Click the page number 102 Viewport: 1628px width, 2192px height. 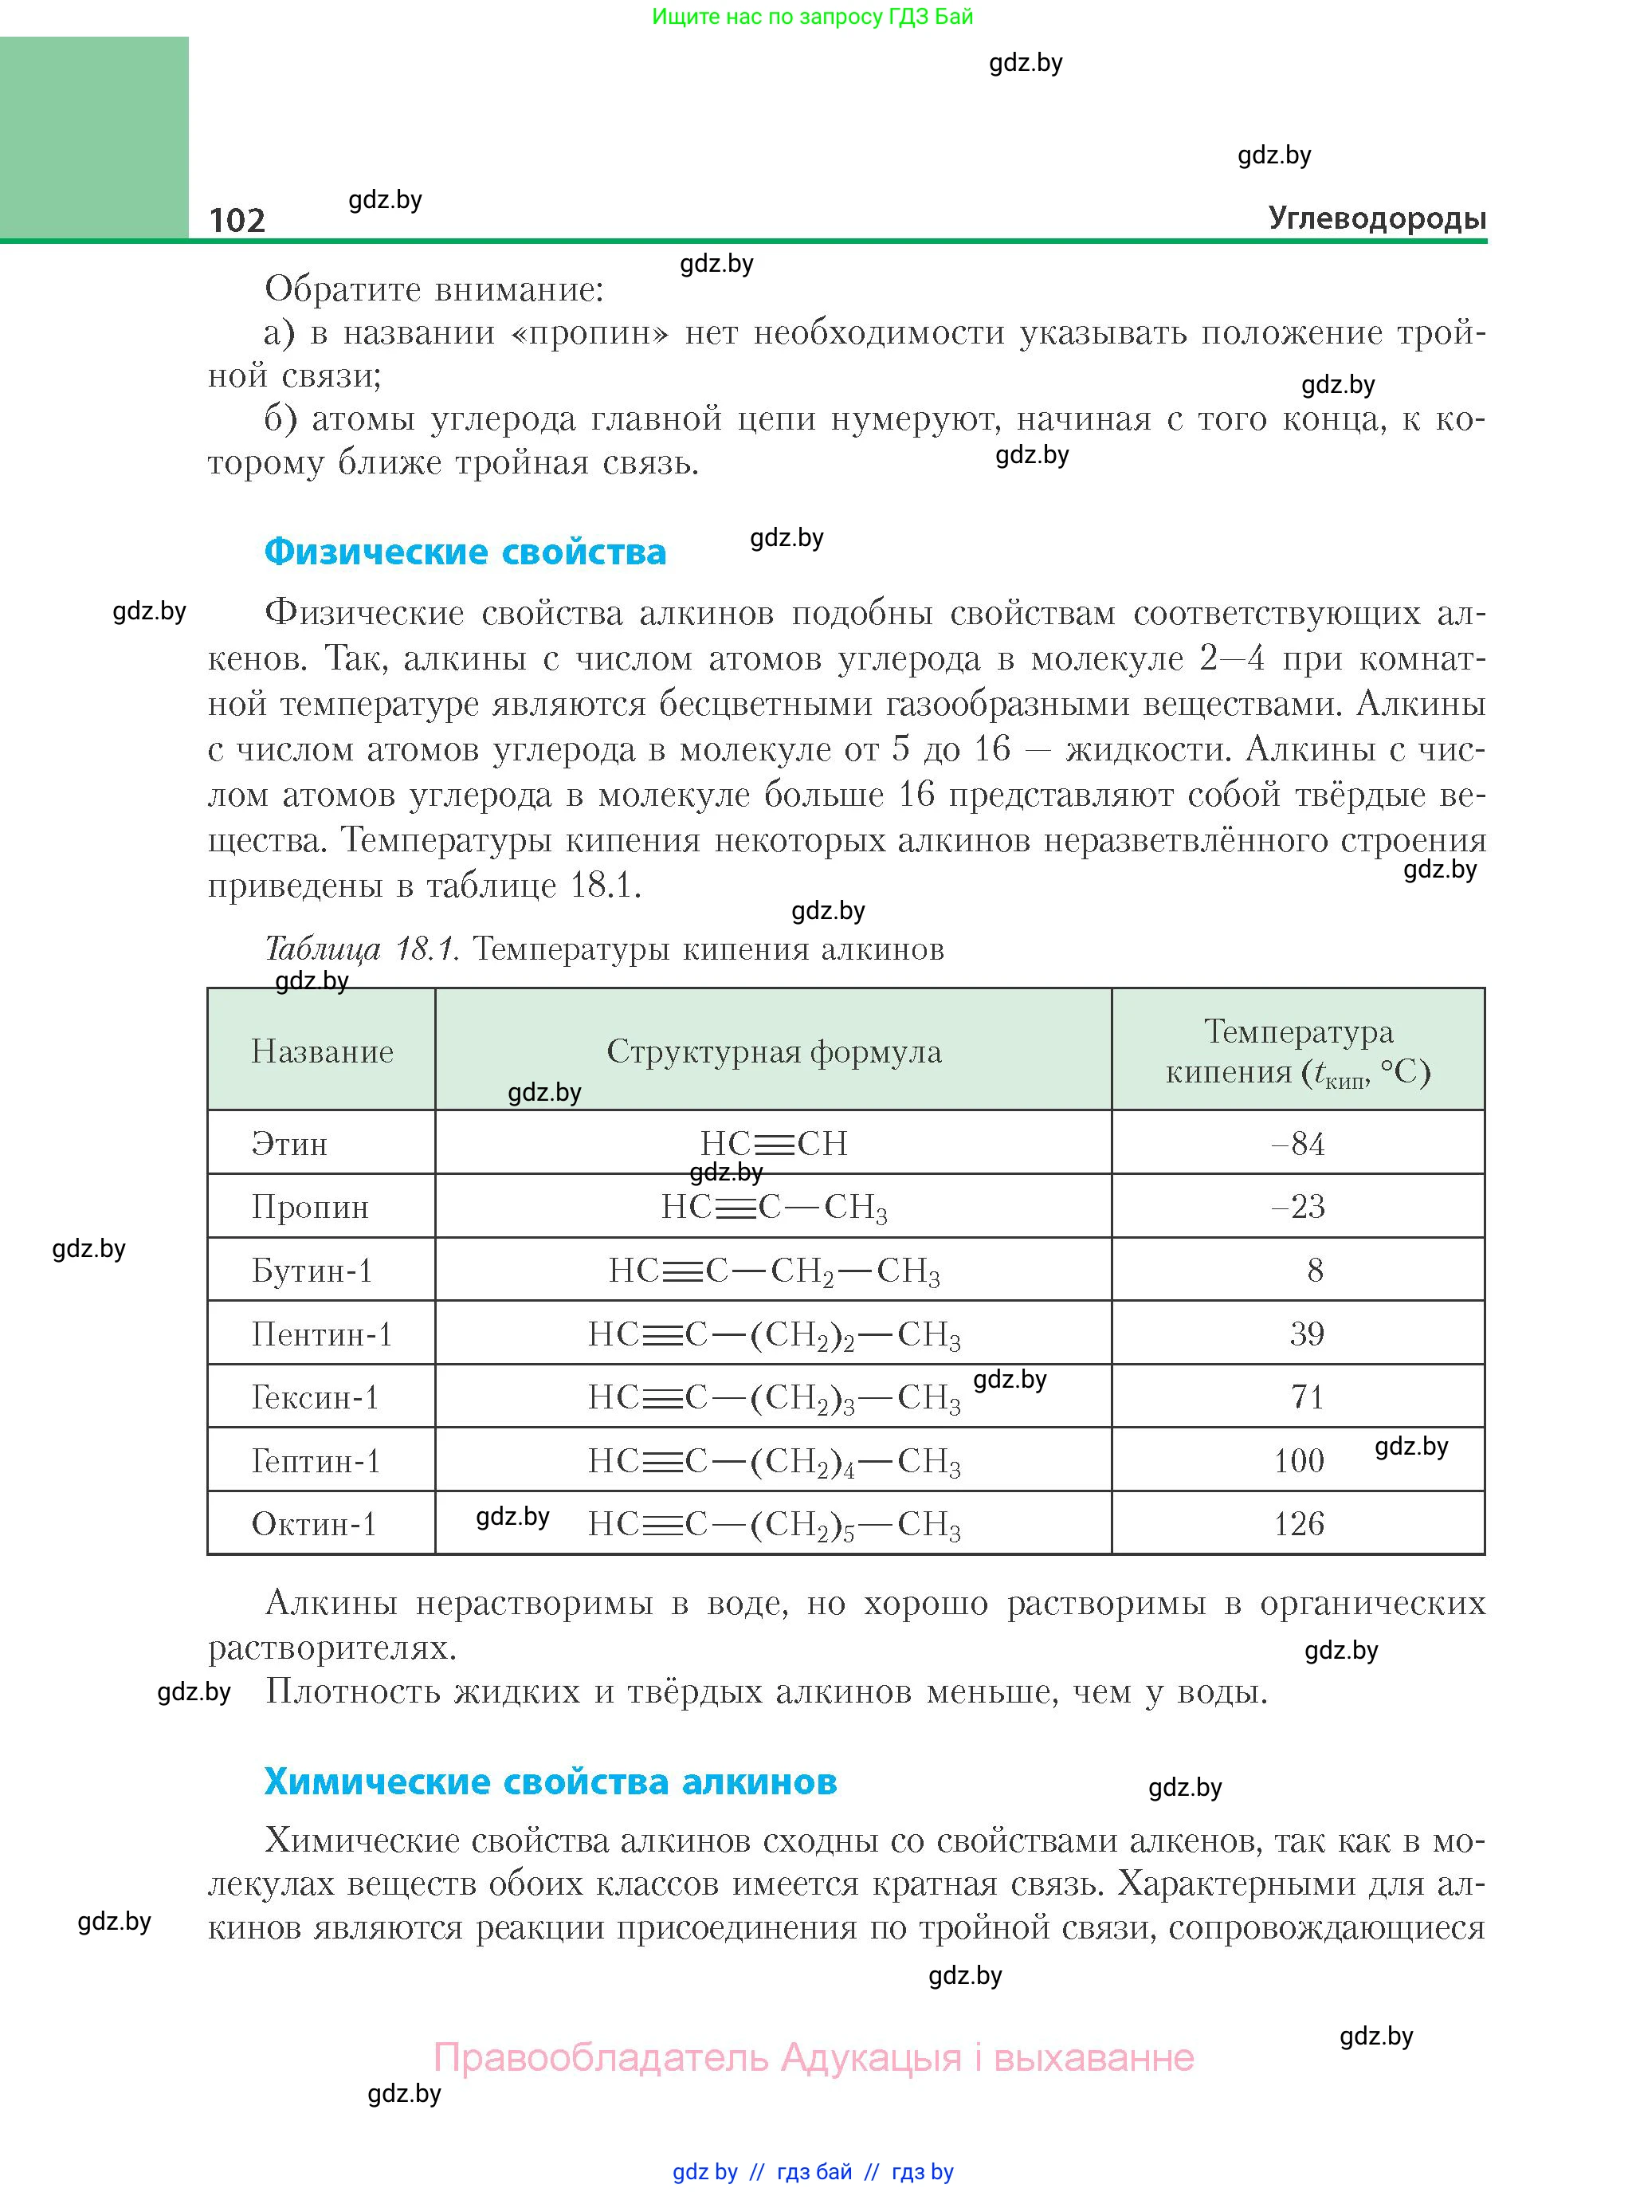(237, 219)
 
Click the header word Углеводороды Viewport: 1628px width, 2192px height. (1377, 217)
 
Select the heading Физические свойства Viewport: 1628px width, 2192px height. (465, 551)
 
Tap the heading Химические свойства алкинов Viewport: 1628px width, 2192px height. (551, 1781)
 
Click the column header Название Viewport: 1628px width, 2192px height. (322, 1051)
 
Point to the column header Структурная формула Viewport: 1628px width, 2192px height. (774, 1051)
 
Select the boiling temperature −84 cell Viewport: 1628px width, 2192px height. (1298, 1143)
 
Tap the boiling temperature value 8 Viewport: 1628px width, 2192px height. (1315, 1271)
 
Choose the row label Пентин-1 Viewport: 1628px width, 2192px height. (321, 1334)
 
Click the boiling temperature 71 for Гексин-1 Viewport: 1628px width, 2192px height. (1307, 1397)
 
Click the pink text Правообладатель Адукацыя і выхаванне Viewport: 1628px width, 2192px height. (814, 2057)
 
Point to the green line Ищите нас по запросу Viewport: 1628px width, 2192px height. (812, 17)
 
